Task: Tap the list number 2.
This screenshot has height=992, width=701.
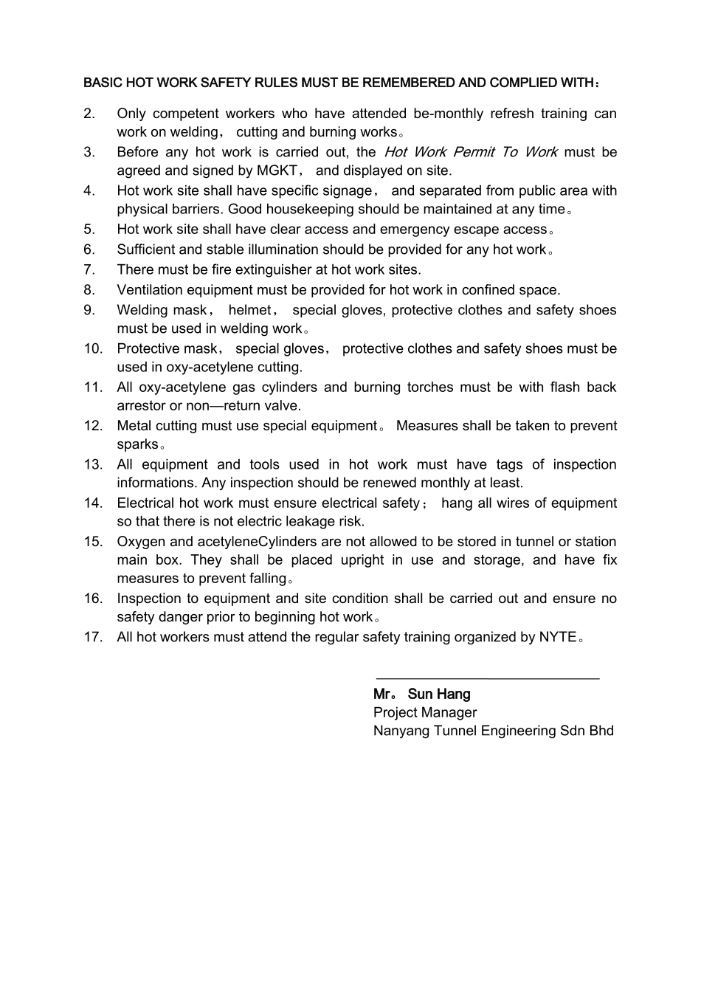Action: (x=89, y=114)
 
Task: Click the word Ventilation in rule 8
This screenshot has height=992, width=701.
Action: (x=151, y=289)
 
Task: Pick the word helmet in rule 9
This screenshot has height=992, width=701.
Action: (x=249, y=310)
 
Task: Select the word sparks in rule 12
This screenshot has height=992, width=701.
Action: (x=137, y=444)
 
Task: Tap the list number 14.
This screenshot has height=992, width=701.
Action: (x=92, y=503)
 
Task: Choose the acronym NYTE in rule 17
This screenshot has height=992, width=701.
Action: (x=557, y=637)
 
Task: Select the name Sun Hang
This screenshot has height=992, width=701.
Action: (x=439, y=694)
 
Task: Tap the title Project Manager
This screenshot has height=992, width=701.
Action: (x=425, y=712)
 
